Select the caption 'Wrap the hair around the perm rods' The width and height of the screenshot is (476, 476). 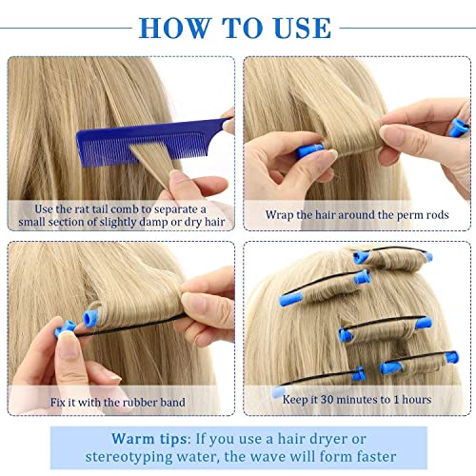[356, 215]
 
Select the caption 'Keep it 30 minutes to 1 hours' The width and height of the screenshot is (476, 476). [356, 400]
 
